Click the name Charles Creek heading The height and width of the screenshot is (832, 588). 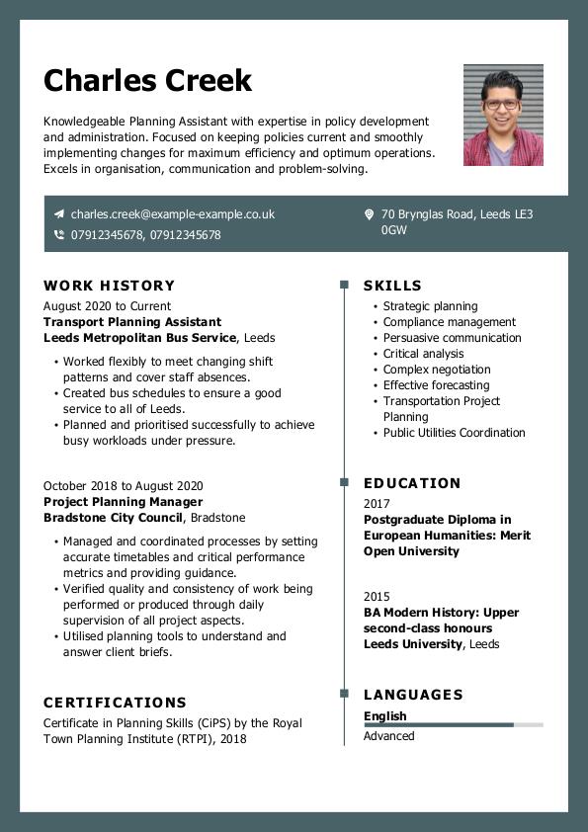point(147,81)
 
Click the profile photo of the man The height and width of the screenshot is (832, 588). point(503,115)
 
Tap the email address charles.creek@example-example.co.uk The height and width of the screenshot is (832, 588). point(172,214)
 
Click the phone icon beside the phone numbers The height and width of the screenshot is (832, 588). point(59,235)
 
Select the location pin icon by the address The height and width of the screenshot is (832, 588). point(369,214)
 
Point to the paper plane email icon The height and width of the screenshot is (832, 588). point(59,214)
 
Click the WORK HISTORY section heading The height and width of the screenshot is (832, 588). point(109,286)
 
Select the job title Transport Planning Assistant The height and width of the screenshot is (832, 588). point(132,322)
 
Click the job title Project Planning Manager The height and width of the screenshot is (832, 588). point(123,502)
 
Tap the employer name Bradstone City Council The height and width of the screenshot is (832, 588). point(113,518)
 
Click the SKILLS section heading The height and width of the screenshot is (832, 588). point(392,286)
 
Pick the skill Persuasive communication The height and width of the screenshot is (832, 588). point(452,338)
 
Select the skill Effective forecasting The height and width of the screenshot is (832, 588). point(436,385)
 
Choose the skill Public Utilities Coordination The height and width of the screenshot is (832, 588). point(454,433)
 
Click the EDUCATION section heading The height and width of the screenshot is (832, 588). point(412,483)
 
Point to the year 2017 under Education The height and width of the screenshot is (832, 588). point(377,504)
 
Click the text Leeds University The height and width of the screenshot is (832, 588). point(412,644)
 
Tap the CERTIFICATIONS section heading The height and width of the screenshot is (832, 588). point(115,703)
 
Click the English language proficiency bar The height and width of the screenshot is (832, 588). point(453,725)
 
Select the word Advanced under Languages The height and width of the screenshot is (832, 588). point(388,736)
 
